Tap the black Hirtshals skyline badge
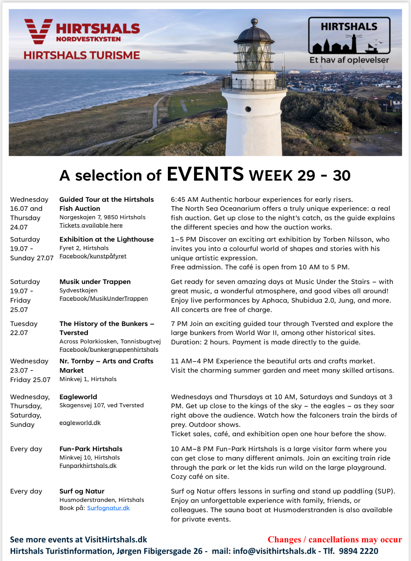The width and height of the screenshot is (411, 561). tap(349, 35)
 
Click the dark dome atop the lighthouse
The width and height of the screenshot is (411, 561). tap(254, 33)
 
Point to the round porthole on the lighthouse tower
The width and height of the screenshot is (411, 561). tap(248, 109)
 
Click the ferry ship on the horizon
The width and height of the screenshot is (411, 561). tap(194, 73)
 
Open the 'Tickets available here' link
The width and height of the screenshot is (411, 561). tap(91, 225)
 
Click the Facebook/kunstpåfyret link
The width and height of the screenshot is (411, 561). tap(93, 256)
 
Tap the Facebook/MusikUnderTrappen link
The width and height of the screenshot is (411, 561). tap(103, 298)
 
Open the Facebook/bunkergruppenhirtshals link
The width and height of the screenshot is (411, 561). tap(109, 349)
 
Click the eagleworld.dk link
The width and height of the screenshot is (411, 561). tap(80, 422)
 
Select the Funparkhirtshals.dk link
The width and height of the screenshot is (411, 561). tap(88, 465)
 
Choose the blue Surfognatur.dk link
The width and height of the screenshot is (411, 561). tap(108, 508)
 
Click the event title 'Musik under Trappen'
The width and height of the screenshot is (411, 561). tap(95, 282)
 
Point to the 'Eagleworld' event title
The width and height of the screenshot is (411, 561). tap(78, 397)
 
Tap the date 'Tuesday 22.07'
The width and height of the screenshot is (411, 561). tap(24, 328)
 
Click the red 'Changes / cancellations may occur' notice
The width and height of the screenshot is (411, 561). tap(335, 539)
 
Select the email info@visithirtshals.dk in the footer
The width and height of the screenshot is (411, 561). tap(274, 551)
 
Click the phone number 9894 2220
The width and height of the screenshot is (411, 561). tap(358, 551)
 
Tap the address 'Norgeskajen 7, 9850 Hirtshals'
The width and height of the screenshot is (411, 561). tap(102, 217)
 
